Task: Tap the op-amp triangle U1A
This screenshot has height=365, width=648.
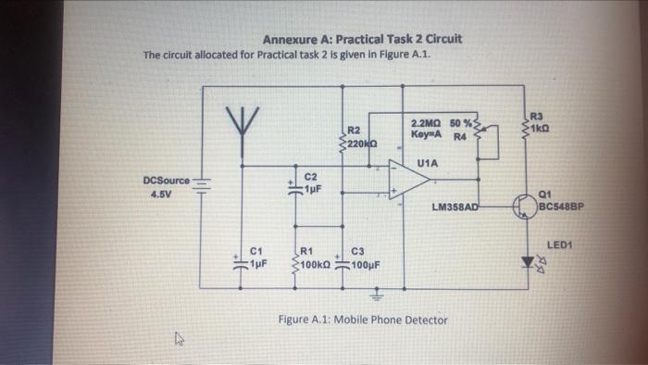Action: click(x=408, y=181)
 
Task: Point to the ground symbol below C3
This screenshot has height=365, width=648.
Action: click(x=376, y=297)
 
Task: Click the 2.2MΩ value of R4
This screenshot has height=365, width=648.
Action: click(x=425, y=123)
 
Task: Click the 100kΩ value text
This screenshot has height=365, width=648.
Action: click(x=315, y=262)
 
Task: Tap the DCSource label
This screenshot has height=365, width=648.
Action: click(x=166, y=180)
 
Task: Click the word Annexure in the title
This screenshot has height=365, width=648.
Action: click(x=293, y=40)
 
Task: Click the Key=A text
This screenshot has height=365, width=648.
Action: click(x=424, y=134)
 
